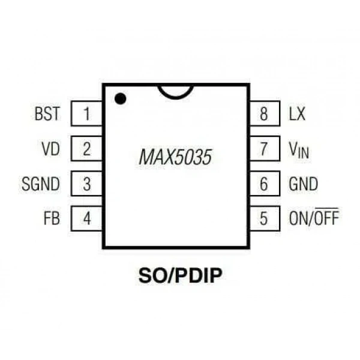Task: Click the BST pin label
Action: point(47,113)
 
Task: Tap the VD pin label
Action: point(51,149)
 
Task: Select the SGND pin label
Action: point(41,184)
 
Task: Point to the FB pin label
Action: point(52,218)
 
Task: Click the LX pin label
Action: point(297,113)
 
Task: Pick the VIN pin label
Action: point(299,150)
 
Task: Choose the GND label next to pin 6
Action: point(304,184)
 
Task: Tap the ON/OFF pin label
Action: point(314,217)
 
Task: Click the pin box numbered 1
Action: point(86,113)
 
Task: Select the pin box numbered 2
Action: point(86,149)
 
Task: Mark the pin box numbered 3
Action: point(86,184)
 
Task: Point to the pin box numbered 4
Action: point(86,218)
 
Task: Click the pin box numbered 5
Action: point(265,218)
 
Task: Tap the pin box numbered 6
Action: point(265,184)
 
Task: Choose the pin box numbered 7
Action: point(265,149)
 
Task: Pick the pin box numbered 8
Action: point(265,113)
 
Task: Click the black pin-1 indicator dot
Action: point(121,99)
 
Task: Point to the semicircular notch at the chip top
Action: point(176,98)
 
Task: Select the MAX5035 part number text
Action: point(175,157)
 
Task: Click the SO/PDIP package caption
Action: point(181,275)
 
